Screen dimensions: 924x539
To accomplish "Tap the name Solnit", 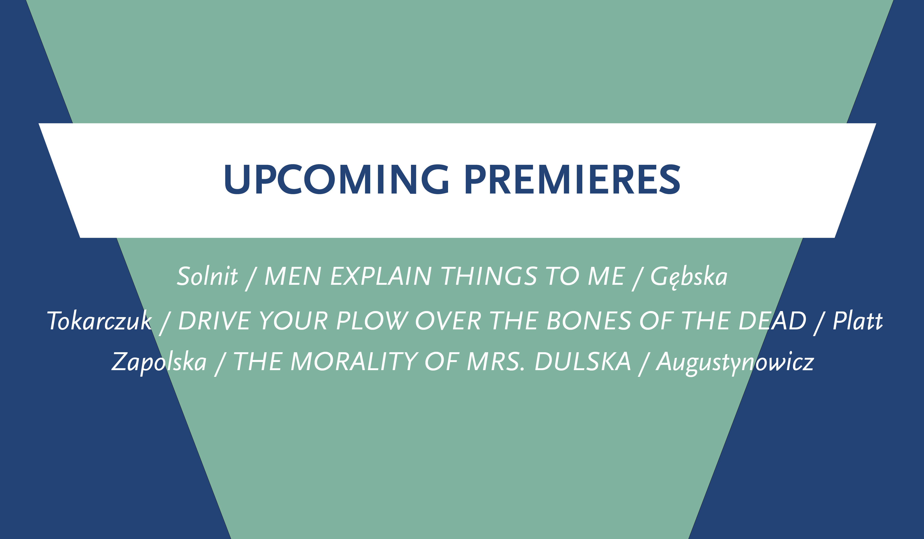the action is pos(208,276).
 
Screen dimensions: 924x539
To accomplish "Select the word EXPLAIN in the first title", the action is pos(381,276).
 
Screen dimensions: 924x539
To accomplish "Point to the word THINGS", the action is pos(489,276).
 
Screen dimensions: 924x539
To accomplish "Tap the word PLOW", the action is pos(372,321).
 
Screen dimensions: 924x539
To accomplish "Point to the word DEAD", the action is pos(773,321).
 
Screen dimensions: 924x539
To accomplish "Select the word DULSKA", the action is pos(583,362).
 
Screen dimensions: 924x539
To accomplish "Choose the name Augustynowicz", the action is pos(735,363).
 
